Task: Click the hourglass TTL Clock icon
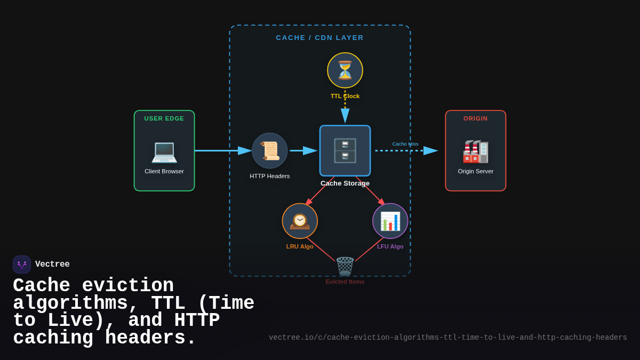pyautogui.click(x=345, y=70)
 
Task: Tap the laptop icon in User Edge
pyautogui.click(x=164, y=151)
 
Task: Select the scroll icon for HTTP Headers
pyautogui.click(x=270, y=151)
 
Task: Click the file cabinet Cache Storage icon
pyautogui.click(x=345, y=150)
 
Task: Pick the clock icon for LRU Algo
pyautogui.click(x=300, y=221)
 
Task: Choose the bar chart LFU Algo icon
pyautogui.click(x=390, y=221)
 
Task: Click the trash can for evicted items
pyautogui.click(x=345, y=267)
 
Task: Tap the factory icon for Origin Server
pyautogui.click(x=476, y=151)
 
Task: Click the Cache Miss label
pyautogui.click(x=405, y=144)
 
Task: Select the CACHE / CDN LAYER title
pyautogui.click(x=320, y=38)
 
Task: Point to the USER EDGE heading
pyautogui.click(x=164, y=118)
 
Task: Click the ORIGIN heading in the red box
pyautogui.click(x=476, y=118)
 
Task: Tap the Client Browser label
pyautogui.click(x=164, y=171)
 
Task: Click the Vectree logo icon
pyautogui.click(x=22, y=265)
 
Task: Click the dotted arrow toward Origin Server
pyautogui.click(x=405, y=151)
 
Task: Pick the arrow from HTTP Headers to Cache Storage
pyautogui.click(x=303, y=151)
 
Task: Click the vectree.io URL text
pyautogui.click(x=448, y=338)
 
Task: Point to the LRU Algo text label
pyautogui.click(x=300, y=246)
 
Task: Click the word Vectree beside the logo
pyautogui.click(x=52, y=265)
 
